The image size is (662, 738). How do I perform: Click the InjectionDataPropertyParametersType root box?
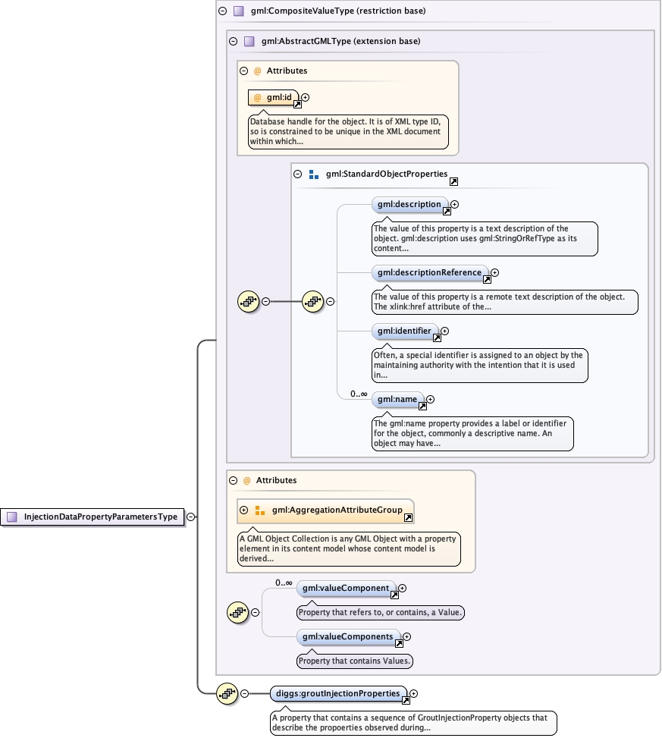95,517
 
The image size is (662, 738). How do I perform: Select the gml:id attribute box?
274,98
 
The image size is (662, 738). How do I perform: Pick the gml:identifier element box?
405,331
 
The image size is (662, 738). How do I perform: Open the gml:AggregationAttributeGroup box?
333,510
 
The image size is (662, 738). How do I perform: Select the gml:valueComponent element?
347,588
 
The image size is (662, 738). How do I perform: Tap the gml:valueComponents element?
348,637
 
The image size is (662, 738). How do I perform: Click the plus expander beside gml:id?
306,97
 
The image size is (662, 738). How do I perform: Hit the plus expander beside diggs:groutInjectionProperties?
414,693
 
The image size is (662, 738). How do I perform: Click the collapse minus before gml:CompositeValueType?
222,11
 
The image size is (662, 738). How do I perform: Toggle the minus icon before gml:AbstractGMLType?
234,41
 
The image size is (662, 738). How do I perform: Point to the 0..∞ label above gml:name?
359,394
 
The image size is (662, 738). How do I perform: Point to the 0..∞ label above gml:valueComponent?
284,583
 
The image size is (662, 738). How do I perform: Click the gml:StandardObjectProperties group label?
387,174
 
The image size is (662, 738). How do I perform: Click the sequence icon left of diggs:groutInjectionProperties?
227,692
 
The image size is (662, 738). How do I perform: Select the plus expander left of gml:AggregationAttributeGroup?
244,510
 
